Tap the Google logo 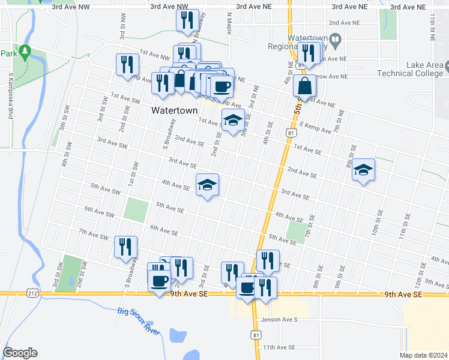[x=20, y=353]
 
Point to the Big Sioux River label [x=139, y=322]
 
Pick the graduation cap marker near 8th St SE [x=363, y=170]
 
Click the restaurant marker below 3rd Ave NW [x=187, y=20]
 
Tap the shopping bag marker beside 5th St [x=305, y=86]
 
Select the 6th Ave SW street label [x=99, y=212]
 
